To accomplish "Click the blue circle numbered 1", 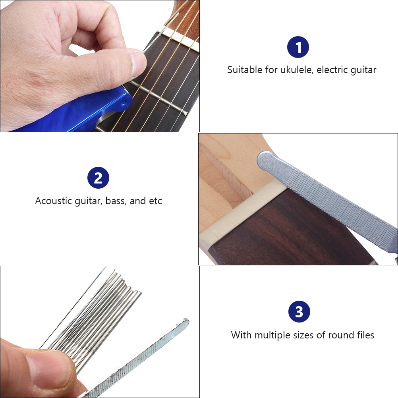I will pyautogui.click(x=298, y=47).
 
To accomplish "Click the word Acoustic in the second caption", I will pyautogui.click(x=53, y=201).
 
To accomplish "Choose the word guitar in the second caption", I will pyautogui.click(x=89, y=201).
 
